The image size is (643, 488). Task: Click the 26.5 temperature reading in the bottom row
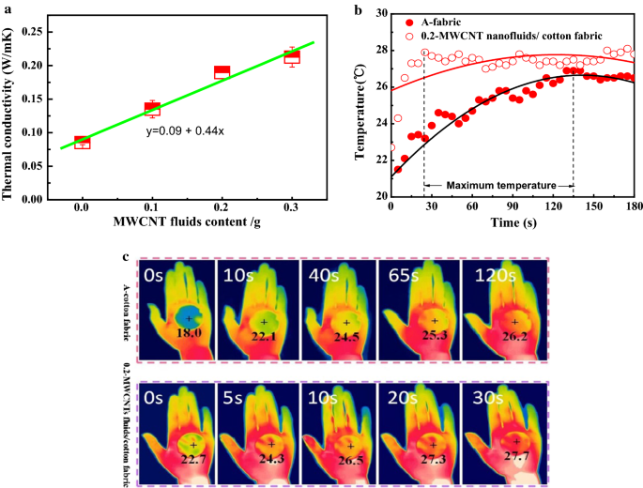point(348,460)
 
